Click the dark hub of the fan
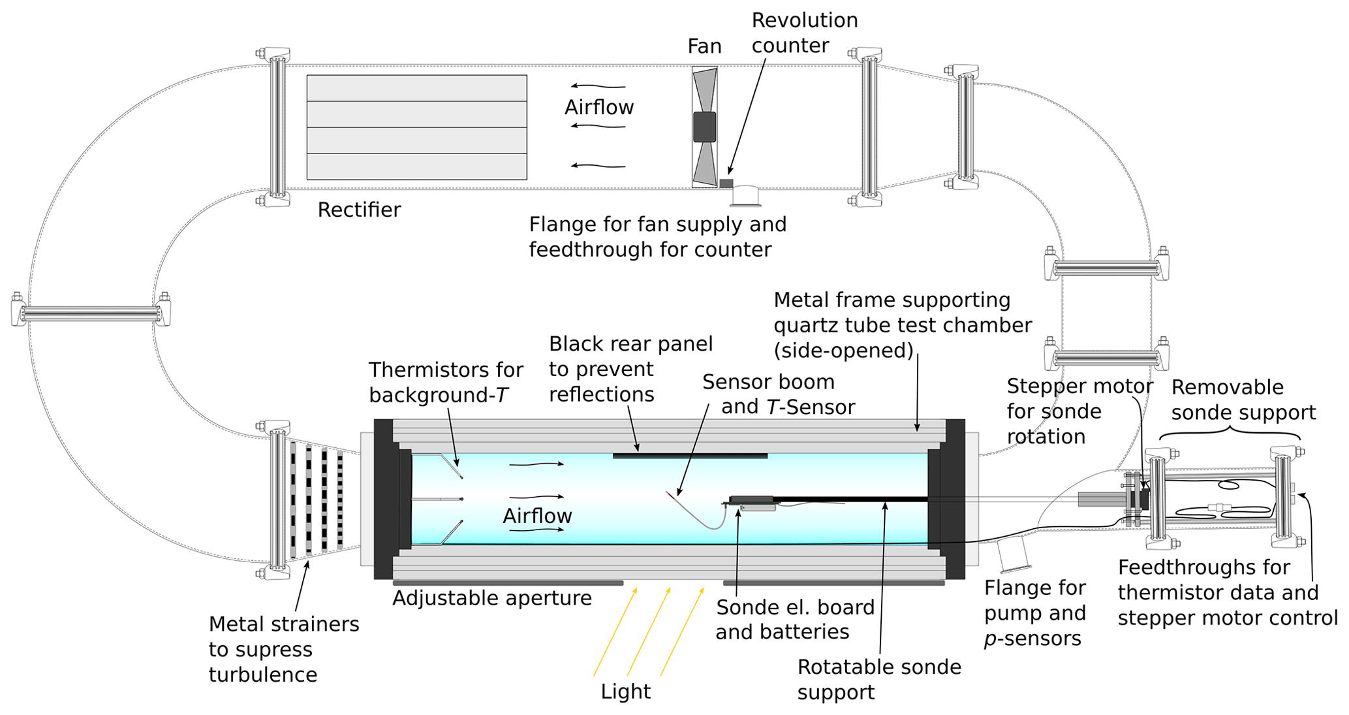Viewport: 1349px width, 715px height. [x=704, y=127]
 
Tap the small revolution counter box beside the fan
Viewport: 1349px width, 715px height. [x=726, y=183]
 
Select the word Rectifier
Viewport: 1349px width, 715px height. [x=359, y=210]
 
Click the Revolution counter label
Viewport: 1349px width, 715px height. [x=804, y=33]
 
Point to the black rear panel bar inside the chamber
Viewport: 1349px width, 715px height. [x=690, y=456]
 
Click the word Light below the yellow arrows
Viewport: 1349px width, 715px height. [x=625, y=691]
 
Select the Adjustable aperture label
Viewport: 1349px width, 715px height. [x=491, y=598]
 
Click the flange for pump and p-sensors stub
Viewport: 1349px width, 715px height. [x=1014, y=553]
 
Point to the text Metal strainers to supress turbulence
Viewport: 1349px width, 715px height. [x=283, y=649]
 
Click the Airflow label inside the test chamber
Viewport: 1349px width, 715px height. [x=536, y=516]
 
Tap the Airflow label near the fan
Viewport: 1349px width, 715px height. [x=598, y=107]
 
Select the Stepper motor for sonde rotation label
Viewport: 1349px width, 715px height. [x=1079, y=411]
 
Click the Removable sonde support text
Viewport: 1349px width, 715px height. [x=1243, y=400]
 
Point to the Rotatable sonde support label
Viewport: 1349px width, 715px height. [x=878, y=679]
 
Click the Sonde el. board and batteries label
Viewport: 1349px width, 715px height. [x=794, y=619]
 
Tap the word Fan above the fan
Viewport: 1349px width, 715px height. [x=704, y=46]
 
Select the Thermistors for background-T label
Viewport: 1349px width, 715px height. [x=445, y=382]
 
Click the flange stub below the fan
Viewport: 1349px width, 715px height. [x=745, y=196]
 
